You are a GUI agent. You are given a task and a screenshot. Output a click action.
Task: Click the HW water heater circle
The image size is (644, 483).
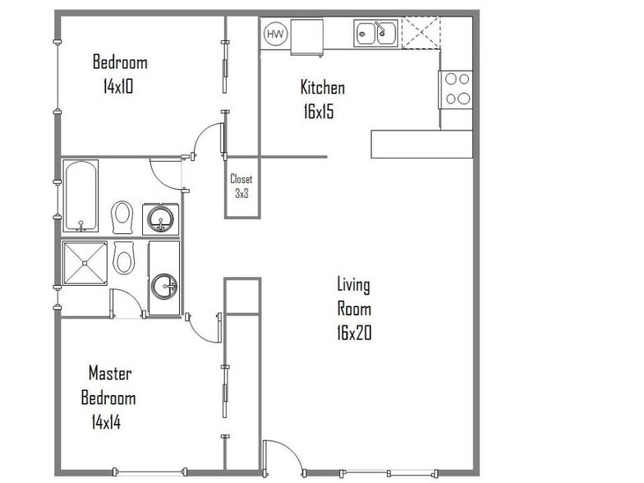point(274,34)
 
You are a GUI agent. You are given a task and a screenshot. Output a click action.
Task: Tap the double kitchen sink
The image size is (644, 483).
point(376,33)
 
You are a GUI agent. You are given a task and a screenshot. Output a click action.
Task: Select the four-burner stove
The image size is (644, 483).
point(455,90)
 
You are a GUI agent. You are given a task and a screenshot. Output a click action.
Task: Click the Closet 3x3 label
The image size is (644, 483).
point(241,186)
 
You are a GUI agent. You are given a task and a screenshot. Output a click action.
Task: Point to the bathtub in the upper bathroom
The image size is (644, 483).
point(80,195)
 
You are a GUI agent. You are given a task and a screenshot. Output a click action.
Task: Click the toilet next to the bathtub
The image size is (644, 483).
point(122,217)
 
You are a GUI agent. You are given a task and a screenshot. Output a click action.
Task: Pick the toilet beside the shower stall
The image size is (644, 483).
point(123,258)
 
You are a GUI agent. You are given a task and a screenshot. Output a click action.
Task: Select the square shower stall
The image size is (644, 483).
point(85,263)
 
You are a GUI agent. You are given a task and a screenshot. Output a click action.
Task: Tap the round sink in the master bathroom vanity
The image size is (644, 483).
point(164,286)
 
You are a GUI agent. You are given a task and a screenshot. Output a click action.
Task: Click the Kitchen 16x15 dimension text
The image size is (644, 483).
point(319,112)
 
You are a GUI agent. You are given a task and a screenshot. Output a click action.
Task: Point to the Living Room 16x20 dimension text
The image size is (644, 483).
point(354,333)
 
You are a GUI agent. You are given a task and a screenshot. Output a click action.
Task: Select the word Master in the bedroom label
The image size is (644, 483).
point(110,373)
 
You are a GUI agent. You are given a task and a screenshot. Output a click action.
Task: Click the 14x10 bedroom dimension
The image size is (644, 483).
point(118,86)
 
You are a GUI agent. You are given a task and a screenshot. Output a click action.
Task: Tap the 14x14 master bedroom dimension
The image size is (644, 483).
point(107,422)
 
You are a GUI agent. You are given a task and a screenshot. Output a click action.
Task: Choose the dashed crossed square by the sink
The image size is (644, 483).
point(421,33)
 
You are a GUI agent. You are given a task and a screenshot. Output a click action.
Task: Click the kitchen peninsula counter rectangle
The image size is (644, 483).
point(422,145)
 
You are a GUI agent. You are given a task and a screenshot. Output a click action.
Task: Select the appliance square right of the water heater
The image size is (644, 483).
point(307,37)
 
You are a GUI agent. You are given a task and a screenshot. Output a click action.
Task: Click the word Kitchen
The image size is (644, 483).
point(322,87)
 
